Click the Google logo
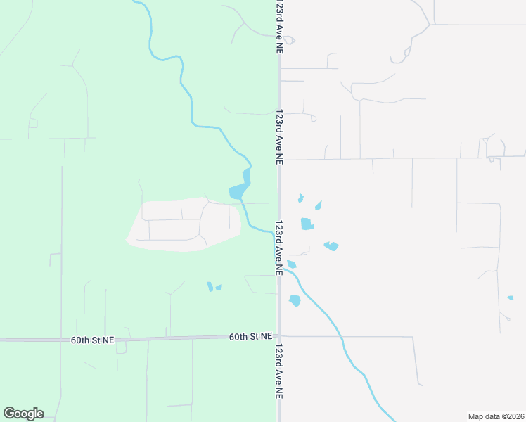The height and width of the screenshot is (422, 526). [23, 414]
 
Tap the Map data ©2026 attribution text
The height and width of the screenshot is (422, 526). [496, 416]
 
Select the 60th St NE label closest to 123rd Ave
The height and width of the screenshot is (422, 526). [250, 337]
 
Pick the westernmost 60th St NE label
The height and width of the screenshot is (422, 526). [92, 340]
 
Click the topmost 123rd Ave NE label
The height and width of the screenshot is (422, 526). [279, 27]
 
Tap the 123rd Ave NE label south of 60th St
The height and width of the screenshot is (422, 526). [279, 373]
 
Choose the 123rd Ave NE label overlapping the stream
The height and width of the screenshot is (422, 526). [279, 248]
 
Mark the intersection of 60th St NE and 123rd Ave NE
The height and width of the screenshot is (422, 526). [279, 336]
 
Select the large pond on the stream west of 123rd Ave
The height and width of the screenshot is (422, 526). [238, 191]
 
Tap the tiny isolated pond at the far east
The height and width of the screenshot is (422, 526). [511, 298]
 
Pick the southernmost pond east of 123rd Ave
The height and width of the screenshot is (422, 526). [295, 300]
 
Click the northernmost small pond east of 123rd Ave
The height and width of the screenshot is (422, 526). [301, 198]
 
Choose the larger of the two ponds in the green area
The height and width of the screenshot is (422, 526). [210, 286]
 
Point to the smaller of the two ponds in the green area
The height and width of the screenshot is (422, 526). [219, 288]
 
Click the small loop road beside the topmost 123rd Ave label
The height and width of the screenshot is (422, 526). [289, 40]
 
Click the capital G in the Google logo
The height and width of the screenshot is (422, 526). [8, 414]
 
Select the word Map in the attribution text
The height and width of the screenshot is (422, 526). [476, 416]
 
